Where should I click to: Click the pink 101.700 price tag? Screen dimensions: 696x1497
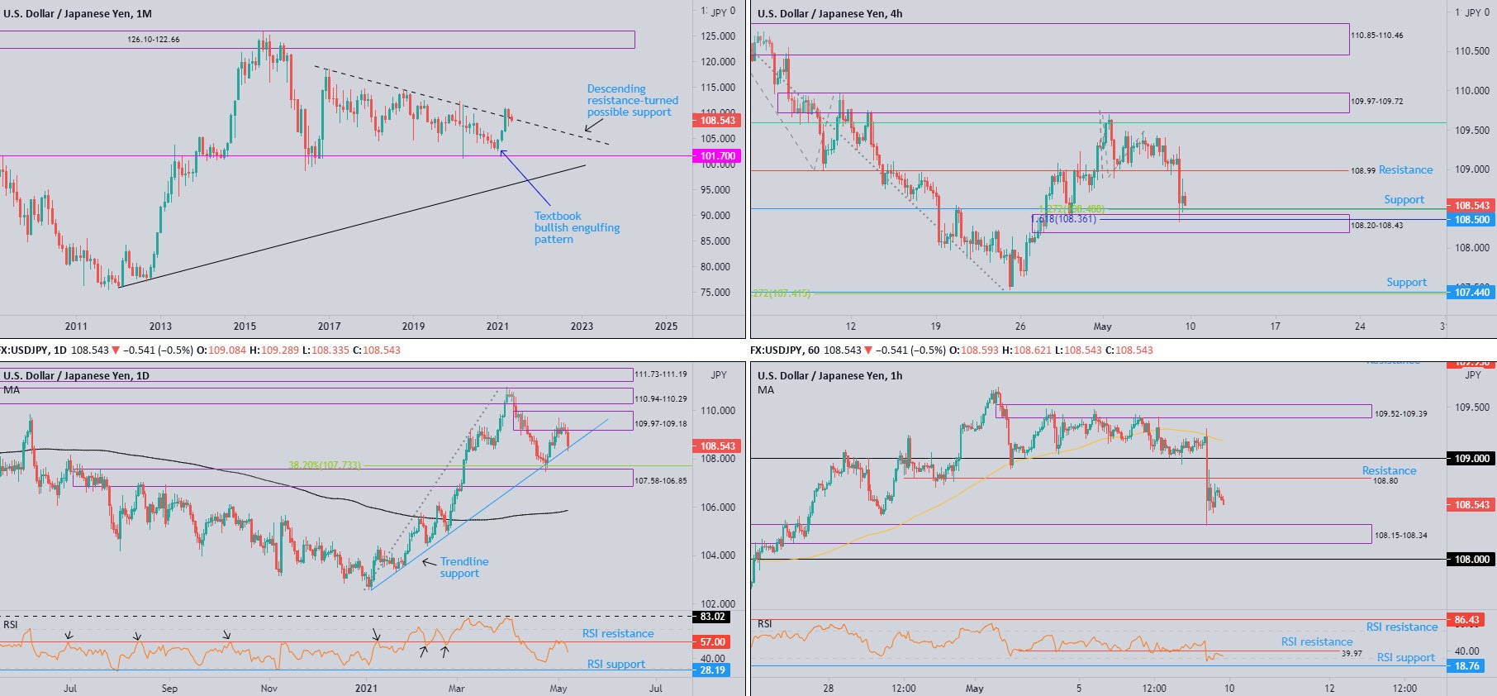[x=717, y=156]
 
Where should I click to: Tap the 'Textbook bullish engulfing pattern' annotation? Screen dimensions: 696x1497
[x=577, y=227]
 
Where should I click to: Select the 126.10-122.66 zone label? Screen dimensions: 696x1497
[x=154, y=40]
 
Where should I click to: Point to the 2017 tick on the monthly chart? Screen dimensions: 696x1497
[x=329, y=327]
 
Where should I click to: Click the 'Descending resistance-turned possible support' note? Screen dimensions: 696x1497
[x=632, y=100]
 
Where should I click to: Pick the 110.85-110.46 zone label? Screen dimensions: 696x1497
[x=1376, y=36]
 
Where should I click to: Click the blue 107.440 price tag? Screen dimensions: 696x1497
[x=1471, y=293]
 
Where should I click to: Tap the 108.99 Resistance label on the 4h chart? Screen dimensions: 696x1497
[x=1392, y=170]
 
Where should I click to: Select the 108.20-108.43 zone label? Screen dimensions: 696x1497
[x=1376, y=226]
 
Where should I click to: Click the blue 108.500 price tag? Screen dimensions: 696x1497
[x=1471, y=220]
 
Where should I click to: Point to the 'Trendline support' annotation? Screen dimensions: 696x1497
[x=463, y=567]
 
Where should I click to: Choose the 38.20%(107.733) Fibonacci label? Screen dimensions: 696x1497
[x=325, y=465]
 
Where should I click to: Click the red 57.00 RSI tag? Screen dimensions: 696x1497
[x=712, y=642]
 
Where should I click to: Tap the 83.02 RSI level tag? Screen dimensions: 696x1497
[x=712, y=617]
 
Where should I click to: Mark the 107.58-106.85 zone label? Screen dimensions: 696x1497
[x=660, y=480]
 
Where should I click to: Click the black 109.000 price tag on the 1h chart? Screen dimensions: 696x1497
[x=1471, y=459]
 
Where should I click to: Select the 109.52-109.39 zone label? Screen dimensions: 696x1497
[x=1400, y=413]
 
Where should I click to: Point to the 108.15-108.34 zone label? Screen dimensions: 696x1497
[x=1400, y=536]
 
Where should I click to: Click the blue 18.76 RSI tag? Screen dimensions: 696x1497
[x=1466, y=666]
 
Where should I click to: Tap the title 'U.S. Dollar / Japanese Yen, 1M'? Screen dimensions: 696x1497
[x=78, y=14]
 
